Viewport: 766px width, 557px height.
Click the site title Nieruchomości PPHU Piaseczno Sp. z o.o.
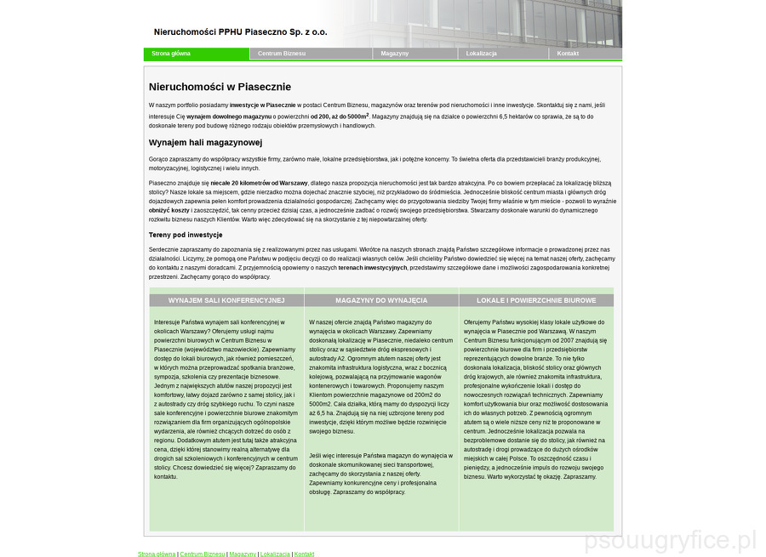tap(240, 32)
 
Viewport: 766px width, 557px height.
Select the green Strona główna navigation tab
tap(171, 54)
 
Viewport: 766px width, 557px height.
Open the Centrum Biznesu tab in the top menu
tap(282, 54)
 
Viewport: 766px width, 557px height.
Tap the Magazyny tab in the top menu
tap(394, 54)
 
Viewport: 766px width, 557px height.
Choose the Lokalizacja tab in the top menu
tap(481, 54)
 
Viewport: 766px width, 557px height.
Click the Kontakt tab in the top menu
tap(568, 54)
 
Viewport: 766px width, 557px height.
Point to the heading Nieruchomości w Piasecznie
tap(220, 87)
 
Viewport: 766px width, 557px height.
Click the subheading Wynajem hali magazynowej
tap(205, 143)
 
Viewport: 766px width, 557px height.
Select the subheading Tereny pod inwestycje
tap(186, 235)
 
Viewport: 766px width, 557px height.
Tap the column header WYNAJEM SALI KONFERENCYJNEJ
tap(226, 300)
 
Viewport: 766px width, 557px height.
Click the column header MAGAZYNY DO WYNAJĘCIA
tap(381, 300)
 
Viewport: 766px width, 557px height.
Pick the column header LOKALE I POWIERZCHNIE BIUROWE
tap(536, 300)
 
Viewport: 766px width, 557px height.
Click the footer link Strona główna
tap(157, 554)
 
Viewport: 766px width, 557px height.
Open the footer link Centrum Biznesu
tap(203, 554)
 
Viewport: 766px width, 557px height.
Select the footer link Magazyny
tap(243, 554)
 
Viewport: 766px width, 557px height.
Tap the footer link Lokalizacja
tap(275, 554)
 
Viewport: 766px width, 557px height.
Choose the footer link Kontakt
tap(304, 554)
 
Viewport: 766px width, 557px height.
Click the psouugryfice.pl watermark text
tap(671, 540)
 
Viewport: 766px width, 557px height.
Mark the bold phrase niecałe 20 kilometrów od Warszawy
tap(259, 183)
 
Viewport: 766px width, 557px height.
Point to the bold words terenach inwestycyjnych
tap(373, 267)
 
